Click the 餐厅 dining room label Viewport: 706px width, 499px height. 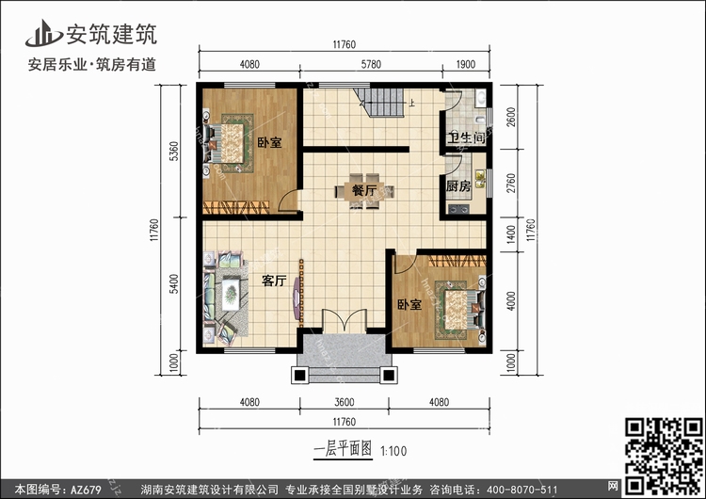(x=364, y=190)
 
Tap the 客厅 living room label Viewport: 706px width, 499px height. (x=274, y=281)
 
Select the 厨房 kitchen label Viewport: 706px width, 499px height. (x=458, y=185)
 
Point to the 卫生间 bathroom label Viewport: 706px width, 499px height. (x=467, y=137)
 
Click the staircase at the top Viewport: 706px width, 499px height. (x=380, y=103)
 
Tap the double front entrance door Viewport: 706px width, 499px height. (x=345, y=321)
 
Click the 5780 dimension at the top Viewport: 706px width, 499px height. (x=371, y=64)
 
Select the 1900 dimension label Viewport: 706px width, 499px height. (x=466, y=64)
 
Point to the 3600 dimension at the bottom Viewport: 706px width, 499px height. (x=345, y=402)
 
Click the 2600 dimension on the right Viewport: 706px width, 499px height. (x=510, y=117)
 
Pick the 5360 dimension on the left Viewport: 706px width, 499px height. (x=174, y=151)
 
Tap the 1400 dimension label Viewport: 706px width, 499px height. (x=510, y=234)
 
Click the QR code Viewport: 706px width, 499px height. (x=664, y=456)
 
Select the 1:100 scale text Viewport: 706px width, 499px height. (x=393, y=451)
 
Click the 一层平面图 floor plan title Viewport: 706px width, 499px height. (x=343, y=449)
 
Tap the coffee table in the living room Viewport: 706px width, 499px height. (x=231, y=294)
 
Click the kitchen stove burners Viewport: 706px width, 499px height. (x=458, y=208)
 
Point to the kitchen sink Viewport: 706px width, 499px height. (x=480, y=179)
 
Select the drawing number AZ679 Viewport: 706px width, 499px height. (x=85, y=489)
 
